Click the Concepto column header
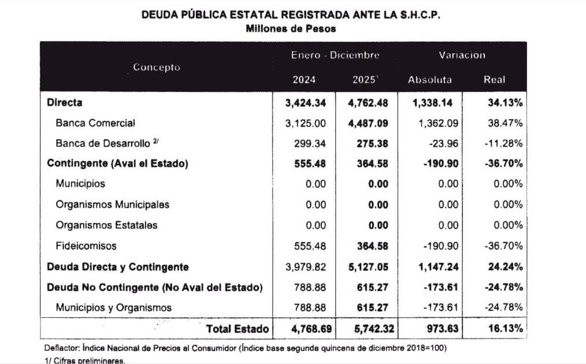[x=156, y=67]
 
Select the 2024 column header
[x=304, y=80]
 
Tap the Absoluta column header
[x=429, y=80]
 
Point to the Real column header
[x=494, y=80]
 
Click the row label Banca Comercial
[x=95, y=123]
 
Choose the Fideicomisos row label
[x=86, y=246]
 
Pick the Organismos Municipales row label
[x=113, y=205]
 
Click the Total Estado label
[x=238, y=329]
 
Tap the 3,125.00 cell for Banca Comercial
[x=307, y=123]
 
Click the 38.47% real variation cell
[x=505, y=123]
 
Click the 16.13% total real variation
[x=505, y=329]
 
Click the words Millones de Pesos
[x=291, y=28]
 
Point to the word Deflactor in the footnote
[x=62, y=349]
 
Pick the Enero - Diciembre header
[x=335, y=55]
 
